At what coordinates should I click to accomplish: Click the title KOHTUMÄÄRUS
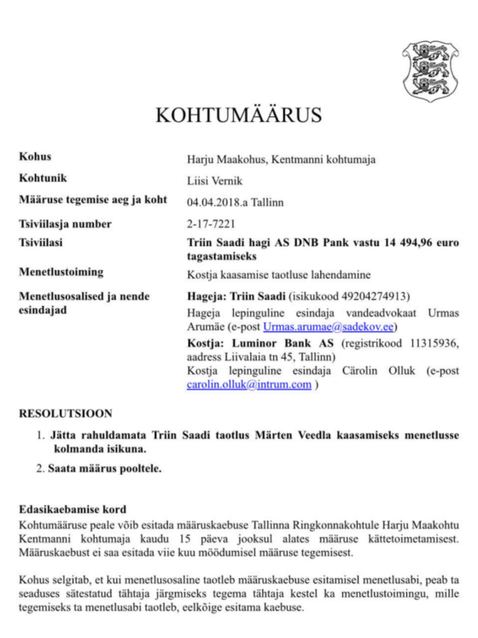click(x=238, y=115)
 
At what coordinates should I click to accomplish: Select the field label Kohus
click(x=35, y=157)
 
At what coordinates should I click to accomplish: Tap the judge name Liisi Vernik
click(x=213, y=180)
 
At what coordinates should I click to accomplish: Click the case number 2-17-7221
click(x=210, y=225)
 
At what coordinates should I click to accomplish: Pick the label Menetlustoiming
click(x=61, y=272)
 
